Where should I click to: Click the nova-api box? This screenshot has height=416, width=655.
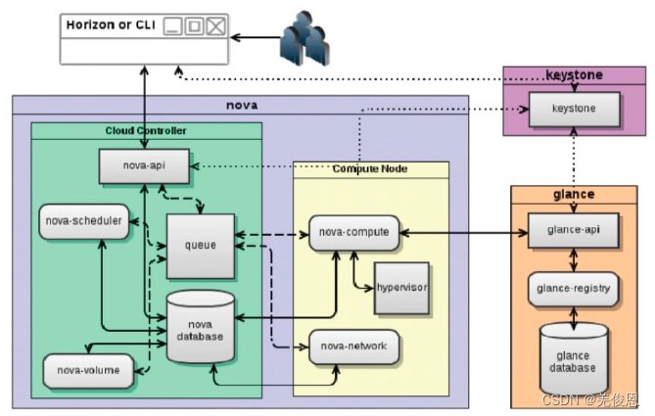145,165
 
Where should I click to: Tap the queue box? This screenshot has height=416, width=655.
200,244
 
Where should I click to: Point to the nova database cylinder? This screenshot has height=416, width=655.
199,327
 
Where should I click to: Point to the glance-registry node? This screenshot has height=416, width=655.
573,289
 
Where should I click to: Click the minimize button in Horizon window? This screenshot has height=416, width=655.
173,25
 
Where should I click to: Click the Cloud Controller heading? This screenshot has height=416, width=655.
146,130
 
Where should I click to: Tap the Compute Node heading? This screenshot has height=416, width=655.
370,169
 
